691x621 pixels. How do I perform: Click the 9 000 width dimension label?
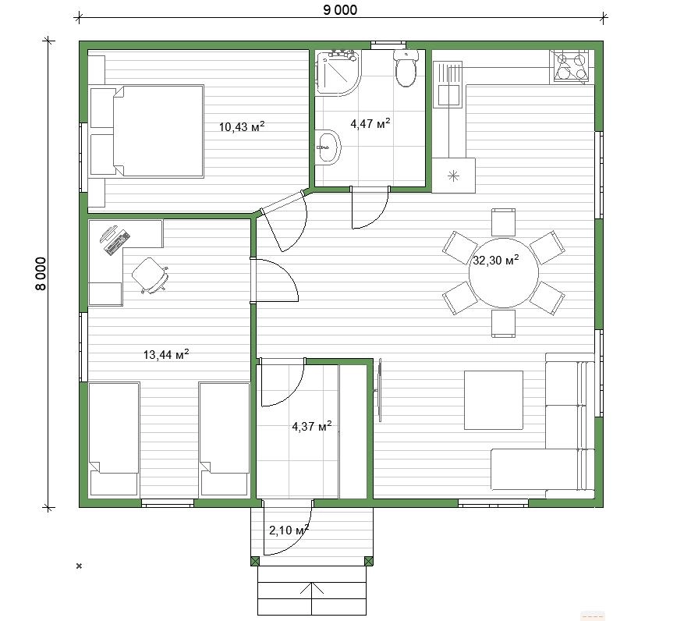click(x=340, y=9)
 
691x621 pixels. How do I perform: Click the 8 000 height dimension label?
click(x=40, y=274)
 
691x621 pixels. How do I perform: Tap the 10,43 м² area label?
click(x=242, y=127)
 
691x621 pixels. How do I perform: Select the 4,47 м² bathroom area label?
click(x=370, y=123)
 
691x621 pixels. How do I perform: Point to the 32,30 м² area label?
click(x=496, y=260)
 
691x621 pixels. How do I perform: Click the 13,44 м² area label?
click(x=166, y=354)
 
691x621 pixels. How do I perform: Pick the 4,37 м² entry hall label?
click(x=312, y=426)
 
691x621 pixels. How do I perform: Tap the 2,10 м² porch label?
click(x=289, y=530)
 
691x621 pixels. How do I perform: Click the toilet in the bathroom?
click(x=406, y=69)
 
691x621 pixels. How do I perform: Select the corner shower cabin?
click(x=338, y=73)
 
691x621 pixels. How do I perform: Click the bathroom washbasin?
click(x=328, y=147)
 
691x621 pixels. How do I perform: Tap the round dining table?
click(x=503, y=273)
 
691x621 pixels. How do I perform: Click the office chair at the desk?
click(x=151, y=275)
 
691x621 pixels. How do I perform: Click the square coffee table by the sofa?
click(x=494, y=399)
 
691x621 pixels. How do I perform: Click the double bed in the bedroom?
click(x=147, y=132)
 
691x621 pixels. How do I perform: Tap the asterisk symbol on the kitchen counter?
click(x=453, y=176)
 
